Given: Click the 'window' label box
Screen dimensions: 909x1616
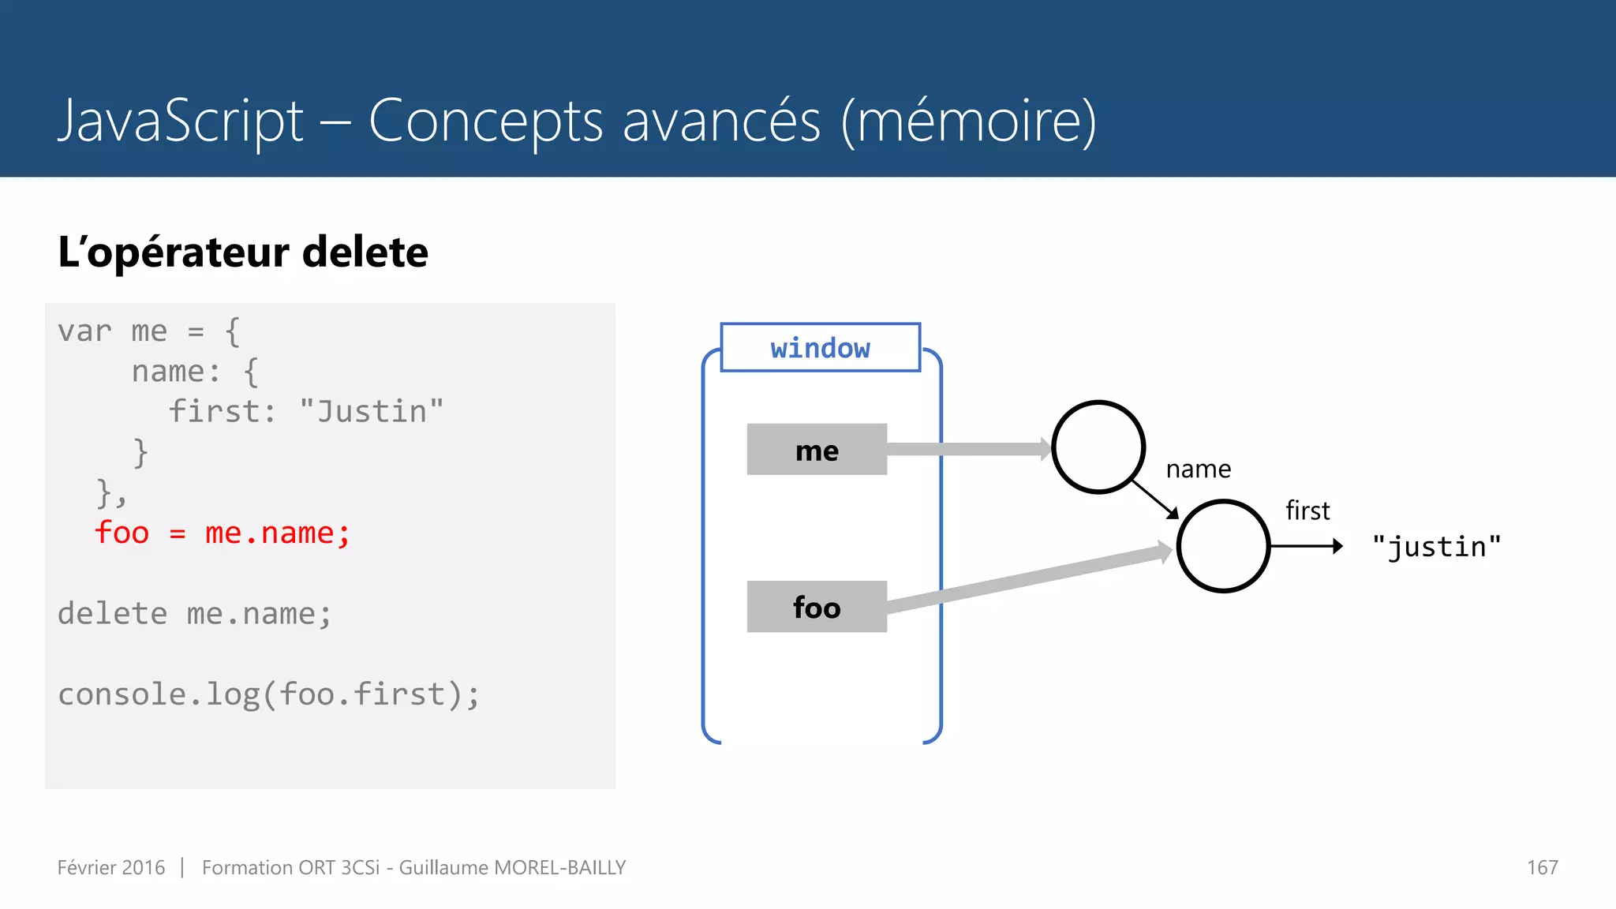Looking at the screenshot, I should [x=820, y=347].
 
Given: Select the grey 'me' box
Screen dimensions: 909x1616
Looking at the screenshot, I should [x=817, y=450].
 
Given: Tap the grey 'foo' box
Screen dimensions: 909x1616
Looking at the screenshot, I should [x=817, y=607].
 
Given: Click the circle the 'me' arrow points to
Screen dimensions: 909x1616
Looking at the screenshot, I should [x=1098, y=447].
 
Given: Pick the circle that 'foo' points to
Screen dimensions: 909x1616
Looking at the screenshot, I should [x=1222, y=546].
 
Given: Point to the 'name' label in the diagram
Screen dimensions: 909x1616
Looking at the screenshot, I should [x=1198, y=469].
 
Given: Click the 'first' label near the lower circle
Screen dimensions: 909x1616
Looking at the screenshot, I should [x=1307, y=511].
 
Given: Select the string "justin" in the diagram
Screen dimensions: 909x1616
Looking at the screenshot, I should [x=1436, y=547].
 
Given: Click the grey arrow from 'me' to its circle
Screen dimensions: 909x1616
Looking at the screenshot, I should [x=967, y=450].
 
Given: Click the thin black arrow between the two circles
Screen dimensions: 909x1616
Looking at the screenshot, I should [x=1154, y=499].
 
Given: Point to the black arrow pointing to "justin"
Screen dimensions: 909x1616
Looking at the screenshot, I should [x=1305, y=546].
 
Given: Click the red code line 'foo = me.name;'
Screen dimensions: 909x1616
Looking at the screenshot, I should [x=222, y=533].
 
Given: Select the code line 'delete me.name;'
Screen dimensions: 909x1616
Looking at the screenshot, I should [x=194, y=614].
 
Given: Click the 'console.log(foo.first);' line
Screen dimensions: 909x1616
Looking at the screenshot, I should [x=268, y=694].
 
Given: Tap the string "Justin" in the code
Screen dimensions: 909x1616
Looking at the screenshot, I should [x=371, y=412].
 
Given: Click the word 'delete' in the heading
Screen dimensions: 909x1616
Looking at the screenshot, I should [x=365, y=252].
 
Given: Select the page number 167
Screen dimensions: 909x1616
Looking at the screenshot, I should [x=1541, y=868].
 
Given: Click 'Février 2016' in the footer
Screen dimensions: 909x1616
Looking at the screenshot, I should [x=111, y=868].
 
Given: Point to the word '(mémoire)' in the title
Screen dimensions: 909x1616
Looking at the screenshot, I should [x=968, y=122].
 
